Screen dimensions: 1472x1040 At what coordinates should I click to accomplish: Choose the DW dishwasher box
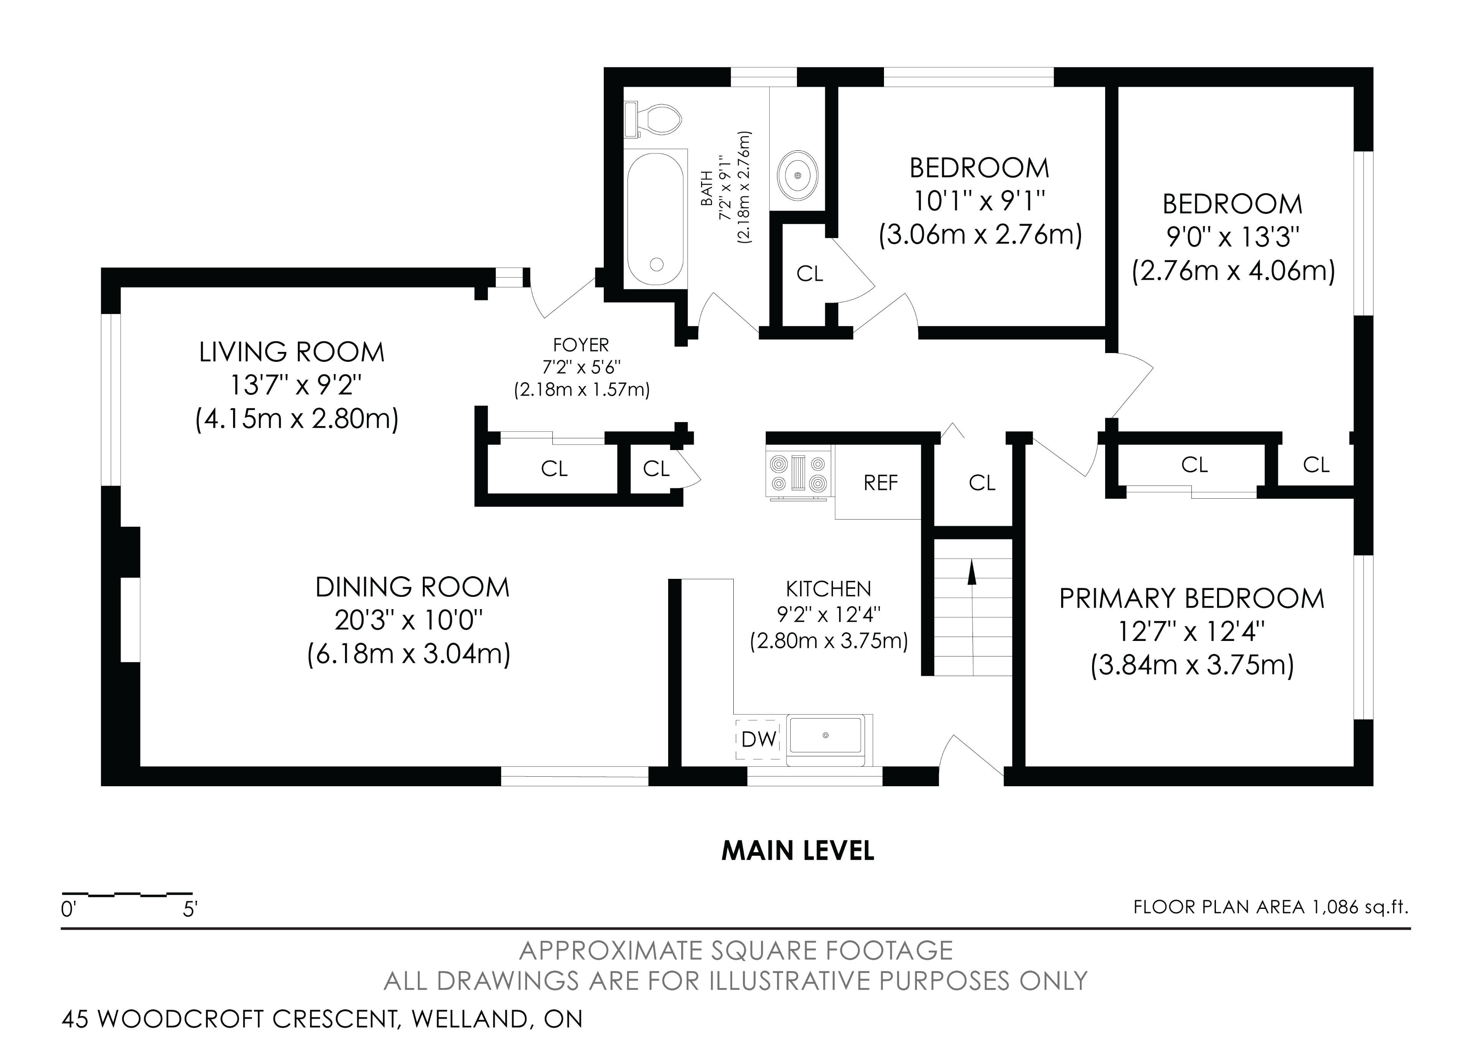coord(759,739)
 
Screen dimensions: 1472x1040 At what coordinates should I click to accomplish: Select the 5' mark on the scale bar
coord(190,909)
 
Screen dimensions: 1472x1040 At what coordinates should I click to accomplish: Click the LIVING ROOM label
coord(292,352)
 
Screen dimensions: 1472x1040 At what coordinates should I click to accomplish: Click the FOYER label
coord(581,345)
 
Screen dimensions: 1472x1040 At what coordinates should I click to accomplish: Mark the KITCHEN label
coord(828,588)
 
